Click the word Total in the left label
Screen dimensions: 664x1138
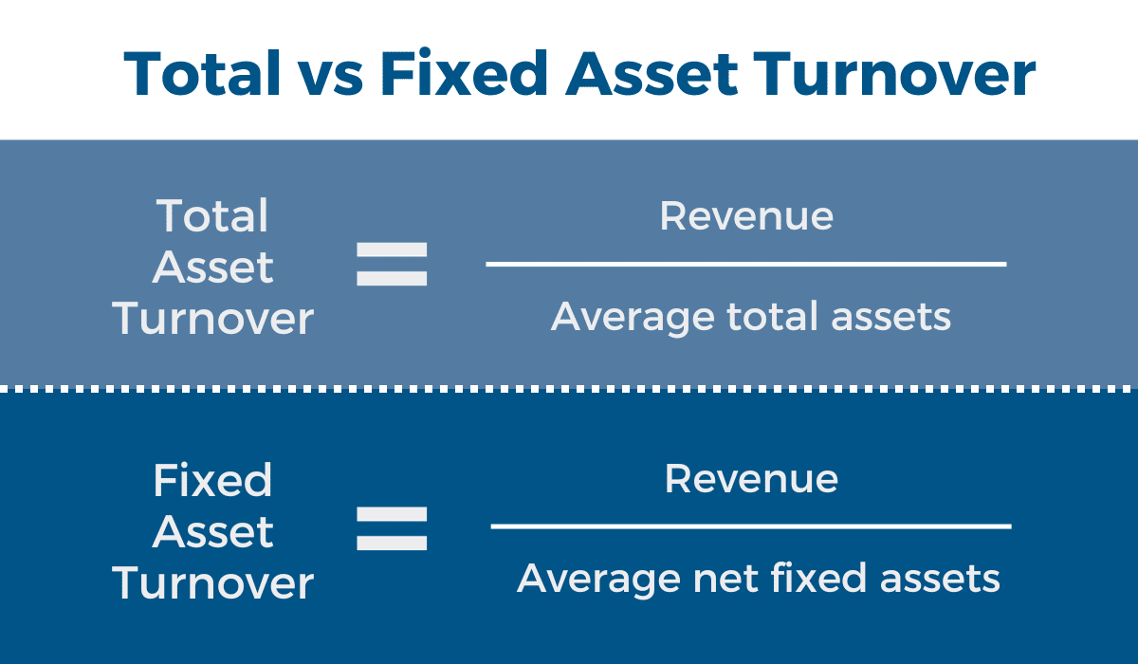[212, 216]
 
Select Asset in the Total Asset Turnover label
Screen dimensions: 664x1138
[212, 267]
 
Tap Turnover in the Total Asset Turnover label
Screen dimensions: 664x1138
[212, 319]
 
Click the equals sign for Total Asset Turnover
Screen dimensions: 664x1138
[392, 265]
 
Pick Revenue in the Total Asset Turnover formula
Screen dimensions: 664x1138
[746, 216]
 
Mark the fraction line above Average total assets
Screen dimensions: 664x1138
[745, 264]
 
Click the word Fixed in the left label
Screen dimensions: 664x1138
[212, 480]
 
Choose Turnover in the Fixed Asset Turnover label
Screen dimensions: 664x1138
[212, 582]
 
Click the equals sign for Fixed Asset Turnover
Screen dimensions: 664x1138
[392, 528]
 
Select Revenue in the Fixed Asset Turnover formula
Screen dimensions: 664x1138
[751, 478]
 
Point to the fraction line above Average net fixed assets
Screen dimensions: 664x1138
[751, 526]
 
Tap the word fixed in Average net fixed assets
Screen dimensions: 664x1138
[806, 578]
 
